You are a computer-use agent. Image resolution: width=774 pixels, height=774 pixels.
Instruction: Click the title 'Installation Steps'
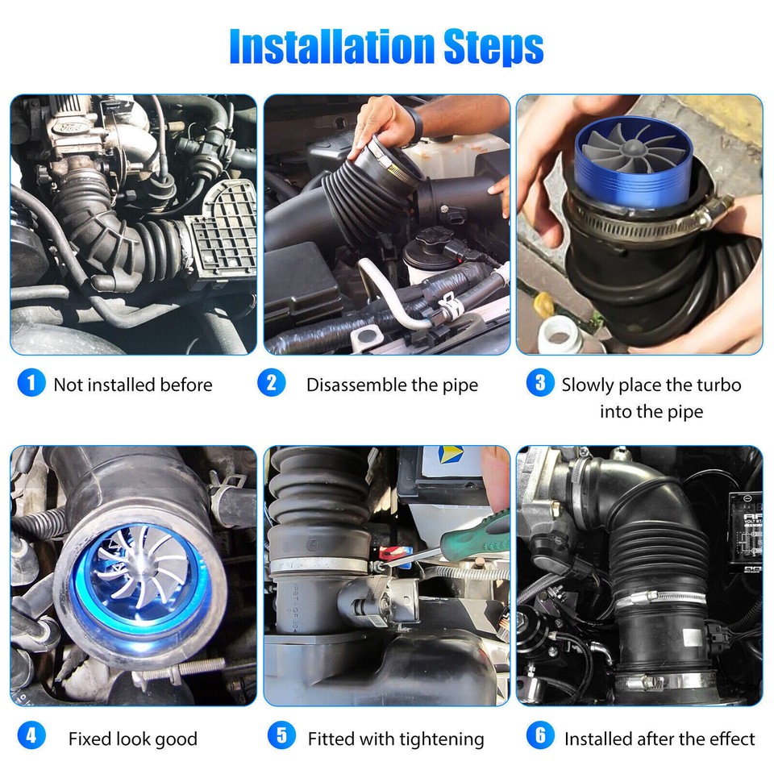click(x=387, y=48)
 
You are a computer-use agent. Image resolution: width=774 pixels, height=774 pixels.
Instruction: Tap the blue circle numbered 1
click(x=31, y=383)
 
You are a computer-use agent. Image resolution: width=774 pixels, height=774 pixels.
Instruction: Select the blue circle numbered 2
click(x=271, y=383)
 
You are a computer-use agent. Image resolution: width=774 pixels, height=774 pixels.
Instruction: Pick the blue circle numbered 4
click(x=31, y=736)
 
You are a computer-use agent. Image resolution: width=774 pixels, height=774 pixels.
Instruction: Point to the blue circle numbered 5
click(x=281, y=736)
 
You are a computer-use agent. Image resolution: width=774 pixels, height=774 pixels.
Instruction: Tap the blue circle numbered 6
click(x=539, y=736)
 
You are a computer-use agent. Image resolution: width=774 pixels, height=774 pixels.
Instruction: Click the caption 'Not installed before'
click(x=133, y=385)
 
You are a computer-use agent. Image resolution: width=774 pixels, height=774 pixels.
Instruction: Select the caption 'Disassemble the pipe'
click(x=392, y=385)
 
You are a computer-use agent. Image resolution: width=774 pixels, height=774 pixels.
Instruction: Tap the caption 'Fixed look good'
click(x=133, y=739)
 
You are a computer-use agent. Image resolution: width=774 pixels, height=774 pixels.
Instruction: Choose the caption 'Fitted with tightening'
click(x=396, y=739)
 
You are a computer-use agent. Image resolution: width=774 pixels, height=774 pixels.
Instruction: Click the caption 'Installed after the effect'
click(x=660, y=739)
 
